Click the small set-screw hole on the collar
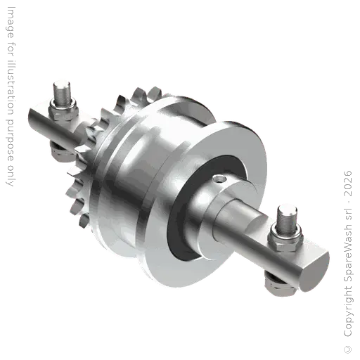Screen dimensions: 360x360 coord(221,179)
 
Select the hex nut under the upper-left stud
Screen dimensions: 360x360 coord(63,110)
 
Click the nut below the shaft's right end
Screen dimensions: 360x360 coord(281,285)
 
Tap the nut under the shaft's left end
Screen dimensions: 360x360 coord(61,150)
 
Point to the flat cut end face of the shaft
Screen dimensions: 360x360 coord(314,269)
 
